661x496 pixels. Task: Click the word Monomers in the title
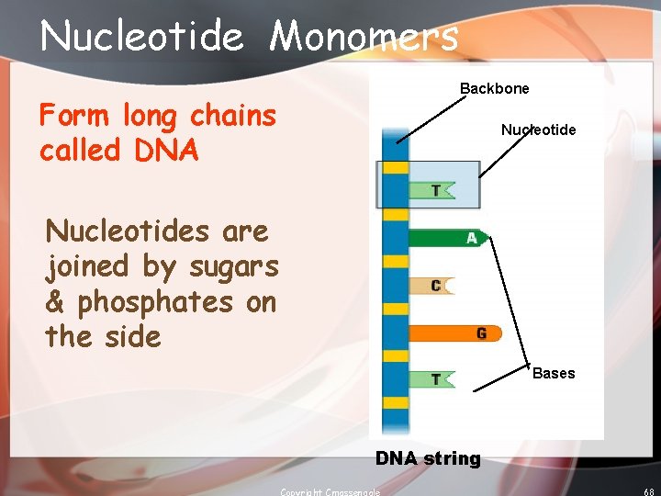click(x=364, y=37)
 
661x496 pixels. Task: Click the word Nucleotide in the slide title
click(x=142, y=37)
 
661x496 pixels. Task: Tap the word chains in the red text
click(x=232, y=116)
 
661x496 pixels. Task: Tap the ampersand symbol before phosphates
click(x=57, y=301)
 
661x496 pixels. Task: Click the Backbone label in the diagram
click(x=494, y=89)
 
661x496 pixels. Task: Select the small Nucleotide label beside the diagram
click(x=538, y=130)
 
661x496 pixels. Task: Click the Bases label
click(x=554, y=373)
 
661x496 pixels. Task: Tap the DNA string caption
click(x=427, y=458)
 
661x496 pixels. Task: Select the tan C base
click(x=431, y=286)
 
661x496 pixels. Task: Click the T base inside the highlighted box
click(x=431, y=190)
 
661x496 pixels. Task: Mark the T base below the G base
click(x=431, y=378)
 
